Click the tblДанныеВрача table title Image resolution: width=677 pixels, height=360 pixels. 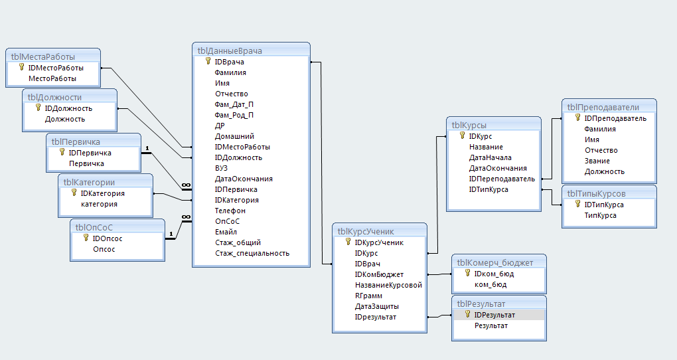point(230,51)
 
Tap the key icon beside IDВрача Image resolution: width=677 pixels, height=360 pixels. point(208,61)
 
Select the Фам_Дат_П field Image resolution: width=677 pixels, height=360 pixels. point(234,104)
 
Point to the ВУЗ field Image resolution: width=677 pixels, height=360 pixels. point(221,168)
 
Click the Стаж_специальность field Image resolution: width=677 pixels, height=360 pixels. point(252,254)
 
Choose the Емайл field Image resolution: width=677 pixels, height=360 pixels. point(226,232)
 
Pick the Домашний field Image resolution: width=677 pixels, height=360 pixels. point(234,137)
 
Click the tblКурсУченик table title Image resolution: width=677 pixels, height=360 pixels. point(366,232)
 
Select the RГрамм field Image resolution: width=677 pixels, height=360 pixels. point(368,296)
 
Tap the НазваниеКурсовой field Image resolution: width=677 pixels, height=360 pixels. point(388,285)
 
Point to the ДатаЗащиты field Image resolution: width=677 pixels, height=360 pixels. point(376,306)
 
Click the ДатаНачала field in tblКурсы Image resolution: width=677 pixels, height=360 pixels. point(490,157)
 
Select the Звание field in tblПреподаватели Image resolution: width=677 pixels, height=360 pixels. point(597,161)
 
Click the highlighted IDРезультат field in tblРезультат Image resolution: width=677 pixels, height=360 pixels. point(494,315)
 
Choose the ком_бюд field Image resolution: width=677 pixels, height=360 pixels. point(490,285)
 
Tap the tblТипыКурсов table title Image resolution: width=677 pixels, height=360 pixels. point(596,193)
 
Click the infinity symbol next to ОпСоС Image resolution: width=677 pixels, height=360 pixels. point(187,217)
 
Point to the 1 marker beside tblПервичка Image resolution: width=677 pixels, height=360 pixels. point(147,148)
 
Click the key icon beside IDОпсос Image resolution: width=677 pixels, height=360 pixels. point(86,238)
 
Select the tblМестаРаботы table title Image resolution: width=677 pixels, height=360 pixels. point(42,57)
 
